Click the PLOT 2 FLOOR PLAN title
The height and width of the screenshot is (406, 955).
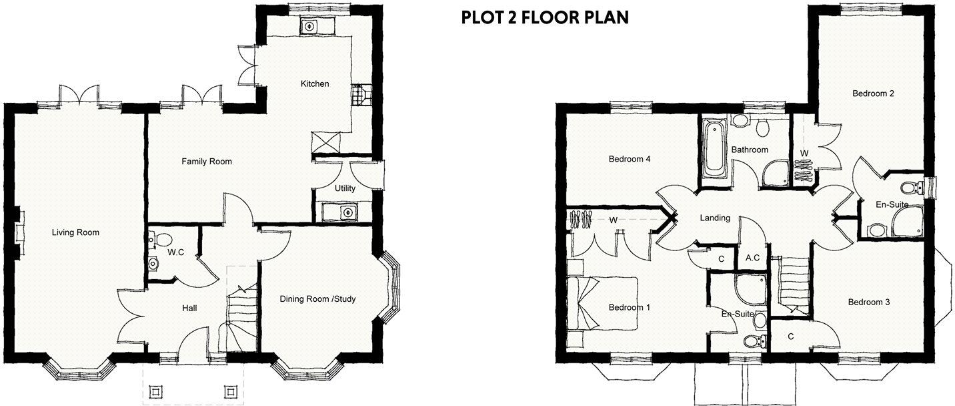tap(544, 17)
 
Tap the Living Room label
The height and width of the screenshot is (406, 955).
tap(75, 232)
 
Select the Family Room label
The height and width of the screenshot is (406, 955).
tap(207, 162)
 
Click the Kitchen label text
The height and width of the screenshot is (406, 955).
tap(315, 83)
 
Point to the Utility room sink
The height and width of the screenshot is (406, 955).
tap(345, 212)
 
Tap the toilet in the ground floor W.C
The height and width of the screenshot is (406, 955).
tap(153, 239)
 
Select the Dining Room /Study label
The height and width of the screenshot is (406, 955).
tap(317, 299)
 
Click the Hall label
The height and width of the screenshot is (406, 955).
tap(189, 308)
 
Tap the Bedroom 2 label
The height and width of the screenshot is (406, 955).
tap(873, 93)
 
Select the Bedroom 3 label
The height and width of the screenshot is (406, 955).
tap(868, 302)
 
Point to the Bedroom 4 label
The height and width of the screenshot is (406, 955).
tap(629, 159)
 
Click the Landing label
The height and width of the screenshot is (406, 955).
tap(714, 218)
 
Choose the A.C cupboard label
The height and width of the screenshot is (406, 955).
tap(753, 258)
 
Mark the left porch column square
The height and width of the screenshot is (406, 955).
tap(157, 390)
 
